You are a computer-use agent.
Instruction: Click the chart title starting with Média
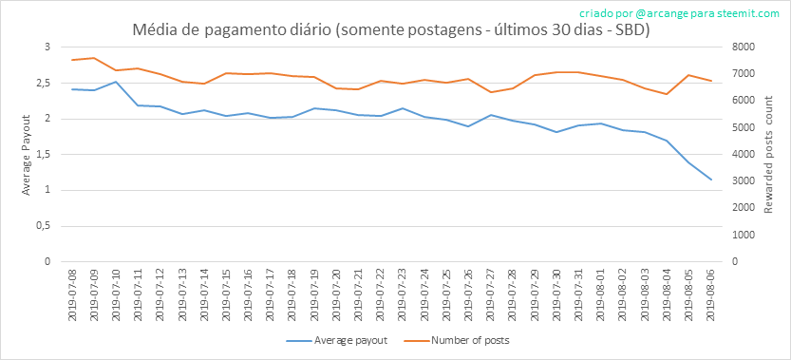tap(390, 30)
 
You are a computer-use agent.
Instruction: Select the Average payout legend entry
tap(337, 340)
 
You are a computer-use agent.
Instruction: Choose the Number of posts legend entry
tap(457, 340)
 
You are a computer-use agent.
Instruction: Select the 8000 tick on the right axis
tap(737, 47)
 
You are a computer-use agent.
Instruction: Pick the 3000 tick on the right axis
tap(737, 180)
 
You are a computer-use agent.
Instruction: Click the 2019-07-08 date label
tap(72, 294)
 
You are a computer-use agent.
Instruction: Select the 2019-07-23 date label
tap(403, 294)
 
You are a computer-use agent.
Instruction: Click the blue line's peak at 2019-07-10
tap(116, 82)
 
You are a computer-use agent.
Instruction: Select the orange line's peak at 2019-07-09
tap(94, 58)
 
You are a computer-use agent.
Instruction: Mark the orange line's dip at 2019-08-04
tap(667, 94)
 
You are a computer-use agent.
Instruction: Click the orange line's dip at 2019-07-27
tap(491, 92)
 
